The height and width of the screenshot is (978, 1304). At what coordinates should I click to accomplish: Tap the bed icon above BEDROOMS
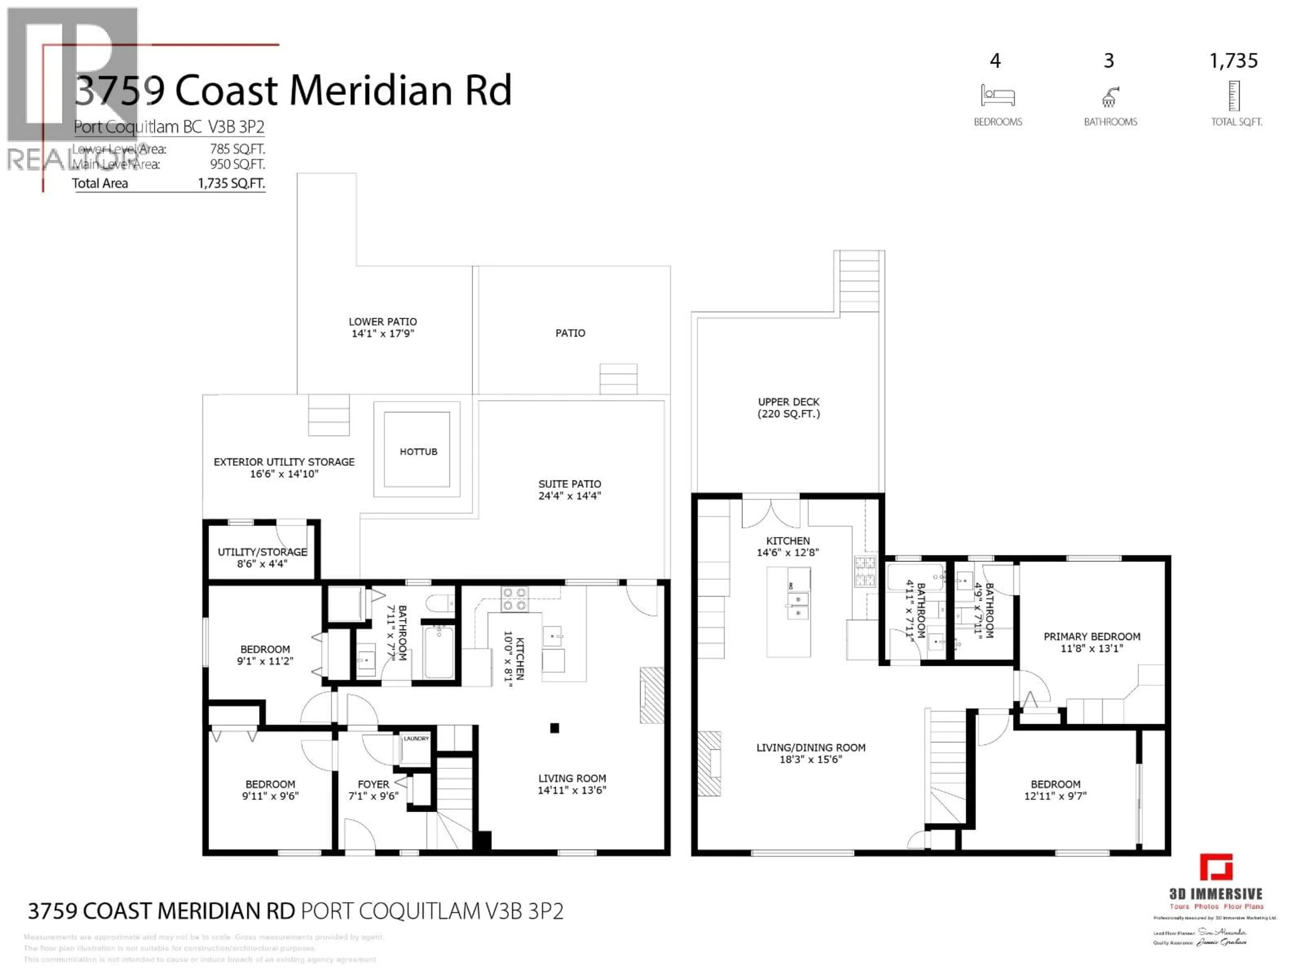(997, 95)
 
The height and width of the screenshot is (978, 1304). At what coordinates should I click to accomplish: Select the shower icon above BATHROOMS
(1109, 97)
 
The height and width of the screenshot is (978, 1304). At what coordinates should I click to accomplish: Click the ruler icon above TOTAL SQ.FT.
(1234, 95)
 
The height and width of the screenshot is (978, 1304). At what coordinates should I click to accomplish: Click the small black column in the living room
(554, 728)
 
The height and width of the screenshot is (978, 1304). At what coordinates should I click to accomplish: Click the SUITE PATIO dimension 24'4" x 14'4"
(569, 496)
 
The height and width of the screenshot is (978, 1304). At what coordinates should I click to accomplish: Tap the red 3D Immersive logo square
(1216, 867)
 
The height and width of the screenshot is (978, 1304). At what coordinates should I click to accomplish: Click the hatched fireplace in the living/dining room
(710, 764)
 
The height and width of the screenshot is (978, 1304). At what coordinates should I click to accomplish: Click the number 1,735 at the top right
(1233, 61)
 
